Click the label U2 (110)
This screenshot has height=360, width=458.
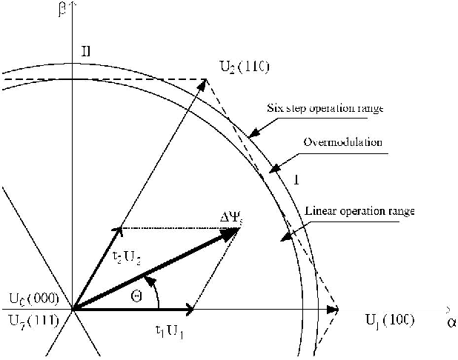[x=244, y=69]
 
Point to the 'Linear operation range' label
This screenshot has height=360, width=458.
[x=360, y=212]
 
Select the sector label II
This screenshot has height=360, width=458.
[x=86, y=52]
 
